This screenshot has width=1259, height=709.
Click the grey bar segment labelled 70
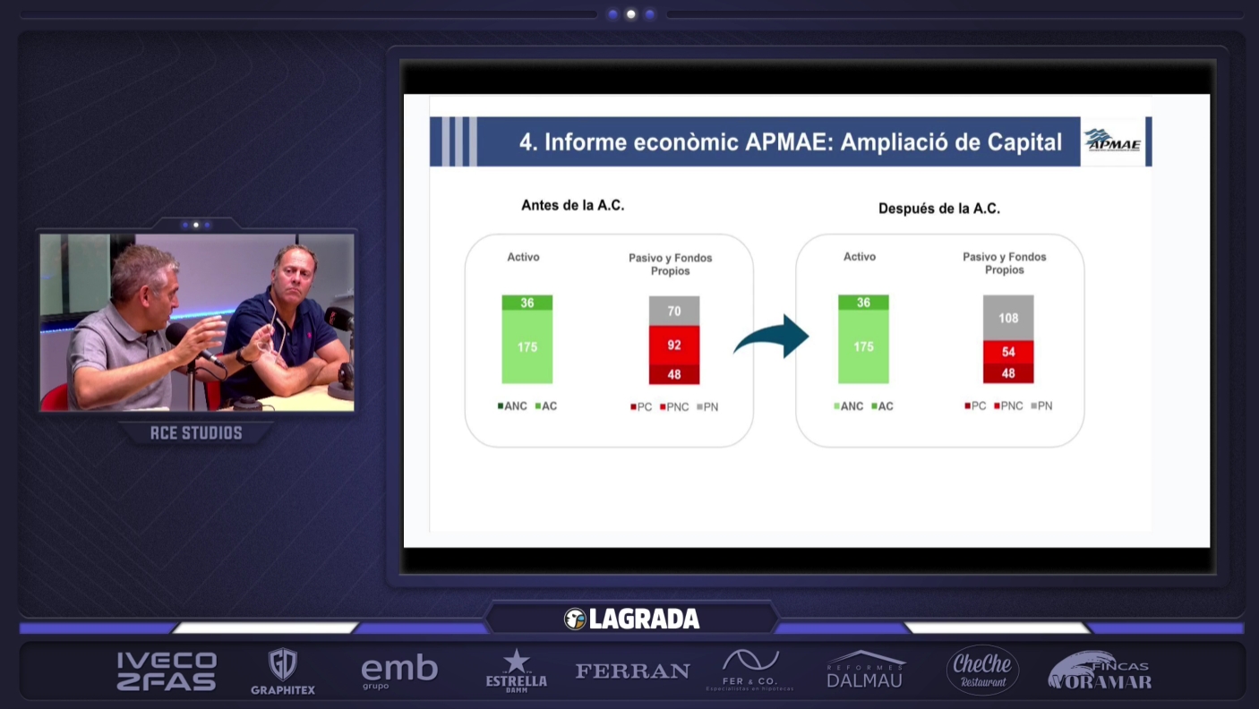coord(674,311)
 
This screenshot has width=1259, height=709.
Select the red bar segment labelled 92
coord(674,345)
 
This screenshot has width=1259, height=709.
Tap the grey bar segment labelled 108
coord(1008,318)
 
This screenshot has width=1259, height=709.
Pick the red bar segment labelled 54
coord(1008,352)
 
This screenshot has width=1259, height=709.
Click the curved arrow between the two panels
coord(771,337)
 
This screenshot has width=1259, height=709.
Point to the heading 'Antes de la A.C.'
coord(572,205)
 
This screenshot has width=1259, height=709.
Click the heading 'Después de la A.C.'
coord(938,209)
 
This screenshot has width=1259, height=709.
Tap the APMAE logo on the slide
coord(1112,141)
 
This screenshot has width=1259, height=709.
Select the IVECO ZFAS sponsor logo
coord(167,671)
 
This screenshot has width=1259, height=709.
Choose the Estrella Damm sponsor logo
coord(516,671)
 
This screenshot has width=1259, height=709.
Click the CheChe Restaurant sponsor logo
coord(982,670)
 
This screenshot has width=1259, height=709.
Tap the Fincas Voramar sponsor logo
coord(1100,671)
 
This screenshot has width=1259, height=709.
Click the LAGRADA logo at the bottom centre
coord(631,619)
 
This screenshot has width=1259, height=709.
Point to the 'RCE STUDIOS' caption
coord(196,433)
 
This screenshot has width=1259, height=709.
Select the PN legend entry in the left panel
coord(707,407)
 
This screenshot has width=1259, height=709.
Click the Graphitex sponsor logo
coord(283,671)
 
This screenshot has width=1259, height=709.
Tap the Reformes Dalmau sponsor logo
coord(865,671)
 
